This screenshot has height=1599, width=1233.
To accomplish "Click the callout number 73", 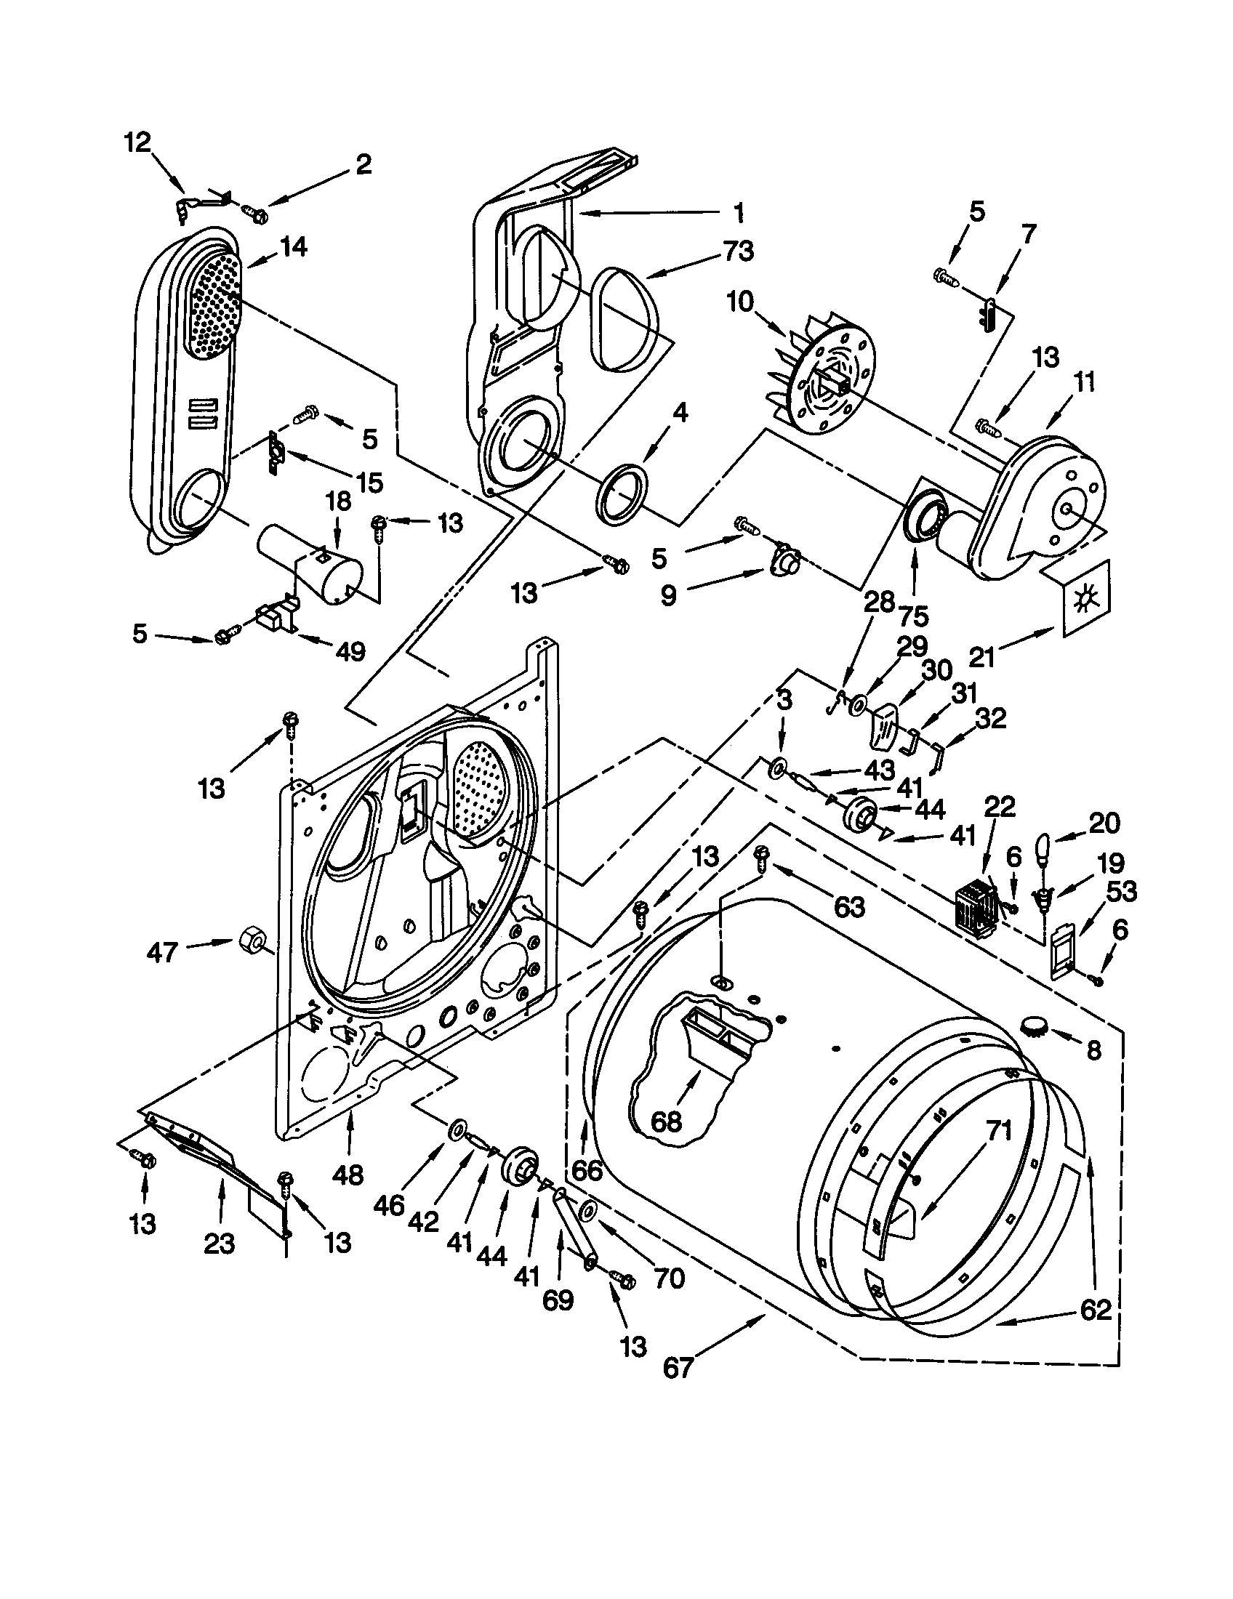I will (737, 251).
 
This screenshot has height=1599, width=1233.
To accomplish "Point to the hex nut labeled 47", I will (251, 938).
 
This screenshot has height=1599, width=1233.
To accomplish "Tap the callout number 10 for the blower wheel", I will (740, 301).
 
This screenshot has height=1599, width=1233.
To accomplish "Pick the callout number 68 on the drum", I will (664, 1121).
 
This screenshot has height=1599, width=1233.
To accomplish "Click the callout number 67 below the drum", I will (678, 1368).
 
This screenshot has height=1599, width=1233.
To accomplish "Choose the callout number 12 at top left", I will (137, 142).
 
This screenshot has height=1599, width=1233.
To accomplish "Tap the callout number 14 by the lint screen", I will (292, 246).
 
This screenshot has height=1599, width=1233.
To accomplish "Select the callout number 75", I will (913, 616).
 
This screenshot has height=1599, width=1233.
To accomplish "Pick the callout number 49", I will (350, 651).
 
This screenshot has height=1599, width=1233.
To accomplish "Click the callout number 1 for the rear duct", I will (738, 212).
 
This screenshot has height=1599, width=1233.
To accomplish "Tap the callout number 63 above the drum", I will (848, 907).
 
